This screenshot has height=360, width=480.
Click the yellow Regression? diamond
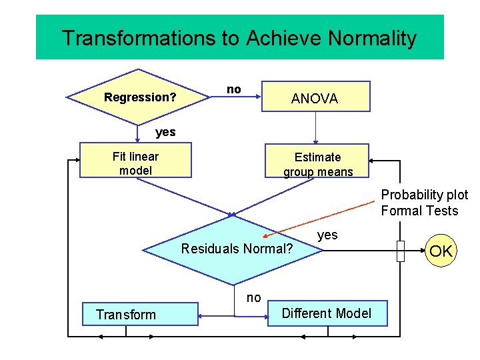(x=139, y=97)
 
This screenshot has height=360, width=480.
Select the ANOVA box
(x=315, y=97)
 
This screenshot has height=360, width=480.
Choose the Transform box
(x=139, y=314)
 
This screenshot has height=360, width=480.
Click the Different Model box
(x=327, y=313)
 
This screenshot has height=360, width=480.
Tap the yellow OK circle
(x=441, y=251)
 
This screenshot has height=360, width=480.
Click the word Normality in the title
(x=374, y=38)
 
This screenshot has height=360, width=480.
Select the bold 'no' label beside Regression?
(x=234, y=89)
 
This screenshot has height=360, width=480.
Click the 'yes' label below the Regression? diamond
(x=165, y=132)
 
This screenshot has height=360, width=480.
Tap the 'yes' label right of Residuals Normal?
(x=327, y=235)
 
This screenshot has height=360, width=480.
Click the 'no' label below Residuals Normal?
(x=253, y=298)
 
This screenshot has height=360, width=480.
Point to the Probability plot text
(x=424, y=195)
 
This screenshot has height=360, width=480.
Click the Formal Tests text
(x=419, y=211)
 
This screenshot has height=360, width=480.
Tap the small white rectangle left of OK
(x=400, y=251)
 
